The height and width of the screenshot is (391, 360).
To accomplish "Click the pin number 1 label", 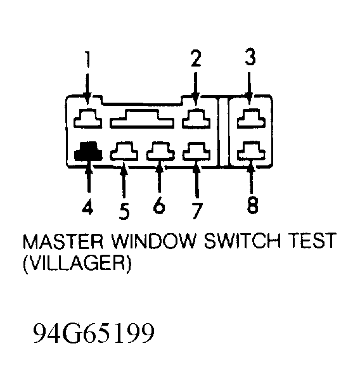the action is (x=87, y=60).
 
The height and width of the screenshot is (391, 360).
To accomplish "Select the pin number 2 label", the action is (x=196, y=58).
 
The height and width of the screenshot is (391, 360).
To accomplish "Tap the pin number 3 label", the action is (x=250, y=57).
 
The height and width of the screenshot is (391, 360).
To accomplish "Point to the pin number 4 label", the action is (x=87, y=208).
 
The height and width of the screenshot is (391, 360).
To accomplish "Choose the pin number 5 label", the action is (x=124, y=211).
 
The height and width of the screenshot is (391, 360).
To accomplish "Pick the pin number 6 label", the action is (x=159, y=205).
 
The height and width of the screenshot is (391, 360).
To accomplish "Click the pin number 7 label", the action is (x=197, y=211).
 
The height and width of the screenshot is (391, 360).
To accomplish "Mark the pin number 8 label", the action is (x=252, y=205).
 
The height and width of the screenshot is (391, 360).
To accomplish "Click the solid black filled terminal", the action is (x=88, y=151).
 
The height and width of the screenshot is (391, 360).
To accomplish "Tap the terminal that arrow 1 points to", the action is (x=87, y=119).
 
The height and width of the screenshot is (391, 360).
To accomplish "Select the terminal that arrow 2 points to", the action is (x=196, y=119).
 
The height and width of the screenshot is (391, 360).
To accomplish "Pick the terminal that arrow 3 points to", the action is (x=251, y=119).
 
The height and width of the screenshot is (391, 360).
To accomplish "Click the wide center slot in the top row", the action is (x=142, y=119).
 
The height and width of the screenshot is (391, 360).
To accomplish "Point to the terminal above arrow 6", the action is (x=160, y=151).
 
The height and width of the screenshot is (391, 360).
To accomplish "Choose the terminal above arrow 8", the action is (x=251, y=150).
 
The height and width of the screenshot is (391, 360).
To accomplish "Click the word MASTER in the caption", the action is (x=63, y=241).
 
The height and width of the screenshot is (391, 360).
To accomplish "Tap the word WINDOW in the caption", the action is (x=153, y=241).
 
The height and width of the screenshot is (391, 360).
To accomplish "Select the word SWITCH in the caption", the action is (x=242, y=241).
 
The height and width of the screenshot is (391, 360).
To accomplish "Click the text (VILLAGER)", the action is (x=77, y=264).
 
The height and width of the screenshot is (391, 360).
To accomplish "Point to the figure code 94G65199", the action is (x=94, y=333).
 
